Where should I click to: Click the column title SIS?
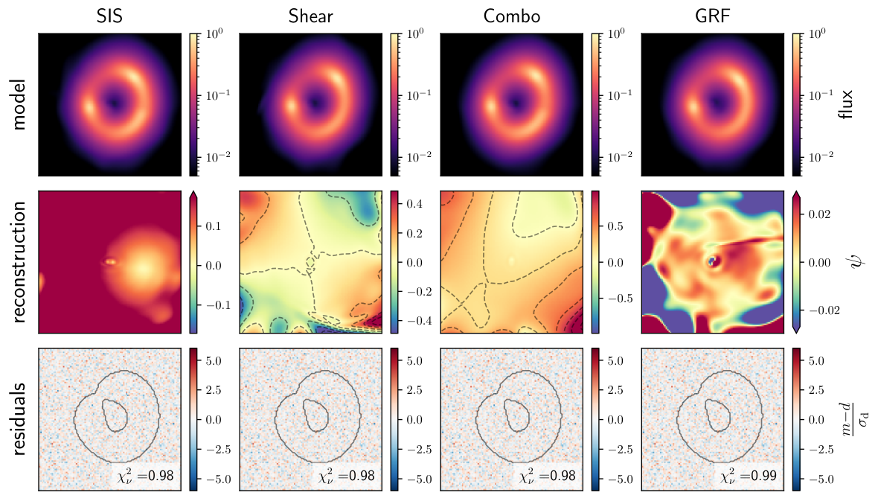[109, 16]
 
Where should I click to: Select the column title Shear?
[310, 16]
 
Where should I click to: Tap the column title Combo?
[512, 16]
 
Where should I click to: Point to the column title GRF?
[712, 16]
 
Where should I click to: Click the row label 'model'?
[19, 105]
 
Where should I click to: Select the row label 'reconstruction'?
[19, 262]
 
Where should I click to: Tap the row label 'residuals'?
[19, 419]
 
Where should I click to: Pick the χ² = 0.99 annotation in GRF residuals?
[749, 476]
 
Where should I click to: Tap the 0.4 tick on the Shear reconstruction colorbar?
[414, 204]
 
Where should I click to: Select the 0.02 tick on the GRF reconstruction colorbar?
[820, 214]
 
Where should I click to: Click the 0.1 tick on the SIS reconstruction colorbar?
[214, 226]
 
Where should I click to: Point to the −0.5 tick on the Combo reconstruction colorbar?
[619, 299]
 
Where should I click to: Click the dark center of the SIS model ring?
[115, 103]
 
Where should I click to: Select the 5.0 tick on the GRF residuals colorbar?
[816, 360]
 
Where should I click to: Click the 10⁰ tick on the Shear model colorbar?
[415, 34]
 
